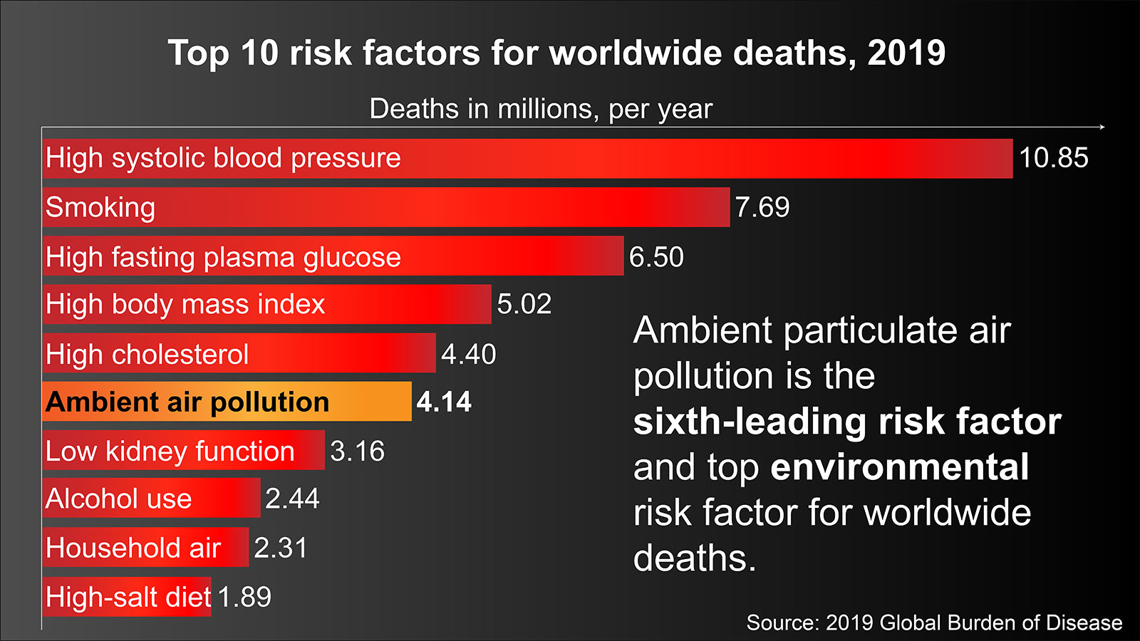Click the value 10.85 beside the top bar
click(1053, 158)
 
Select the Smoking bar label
click(100, 207)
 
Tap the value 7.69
click(762, 207)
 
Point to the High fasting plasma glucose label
click(223, 257)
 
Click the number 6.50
click(655, 257)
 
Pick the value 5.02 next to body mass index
click(524, 304)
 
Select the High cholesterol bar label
click(147, 354)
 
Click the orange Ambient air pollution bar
click(227, 402)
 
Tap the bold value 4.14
click(443, 402)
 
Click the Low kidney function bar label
click(170, 451)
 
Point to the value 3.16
click(357, 451)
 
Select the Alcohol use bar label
click(118, 499)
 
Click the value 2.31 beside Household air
click(280, 548)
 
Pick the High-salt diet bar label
click(128, 597)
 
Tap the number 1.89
click(244, 597)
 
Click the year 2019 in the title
click(906, 53)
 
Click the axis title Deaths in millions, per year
click(541, 109)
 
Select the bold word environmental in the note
click(899, 467)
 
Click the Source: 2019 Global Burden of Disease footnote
click(933, 622)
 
